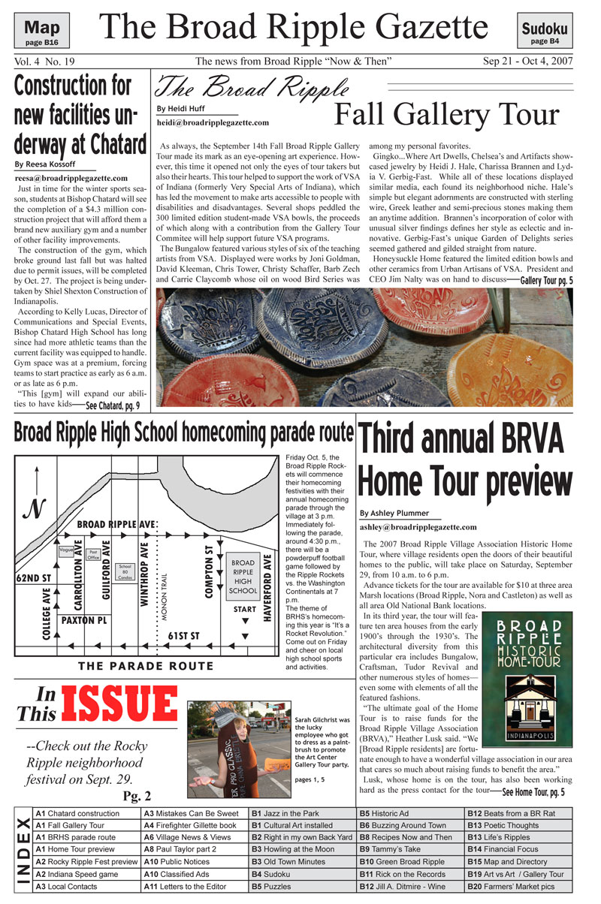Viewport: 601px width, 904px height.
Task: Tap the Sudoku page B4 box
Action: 545,33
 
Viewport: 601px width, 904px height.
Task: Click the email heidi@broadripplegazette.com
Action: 213,122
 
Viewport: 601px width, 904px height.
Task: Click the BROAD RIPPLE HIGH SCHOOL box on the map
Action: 243,576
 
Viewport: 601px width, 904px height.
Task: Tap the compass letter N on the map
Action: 34,509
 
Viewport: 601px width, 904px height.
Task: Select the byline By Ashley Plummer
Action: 400,513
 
